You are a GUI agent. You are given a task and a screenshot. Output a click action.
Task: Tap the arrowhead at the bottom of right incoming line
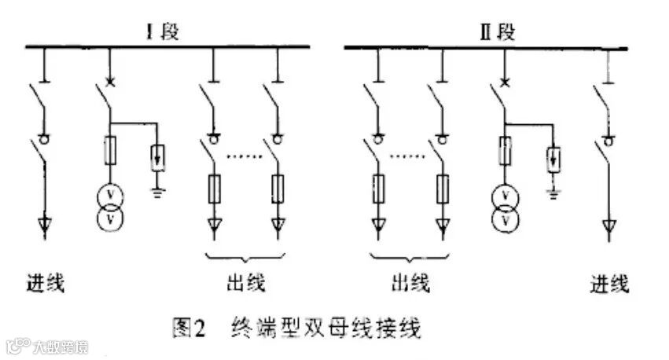pyautogui.click(x=608, y=229)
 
